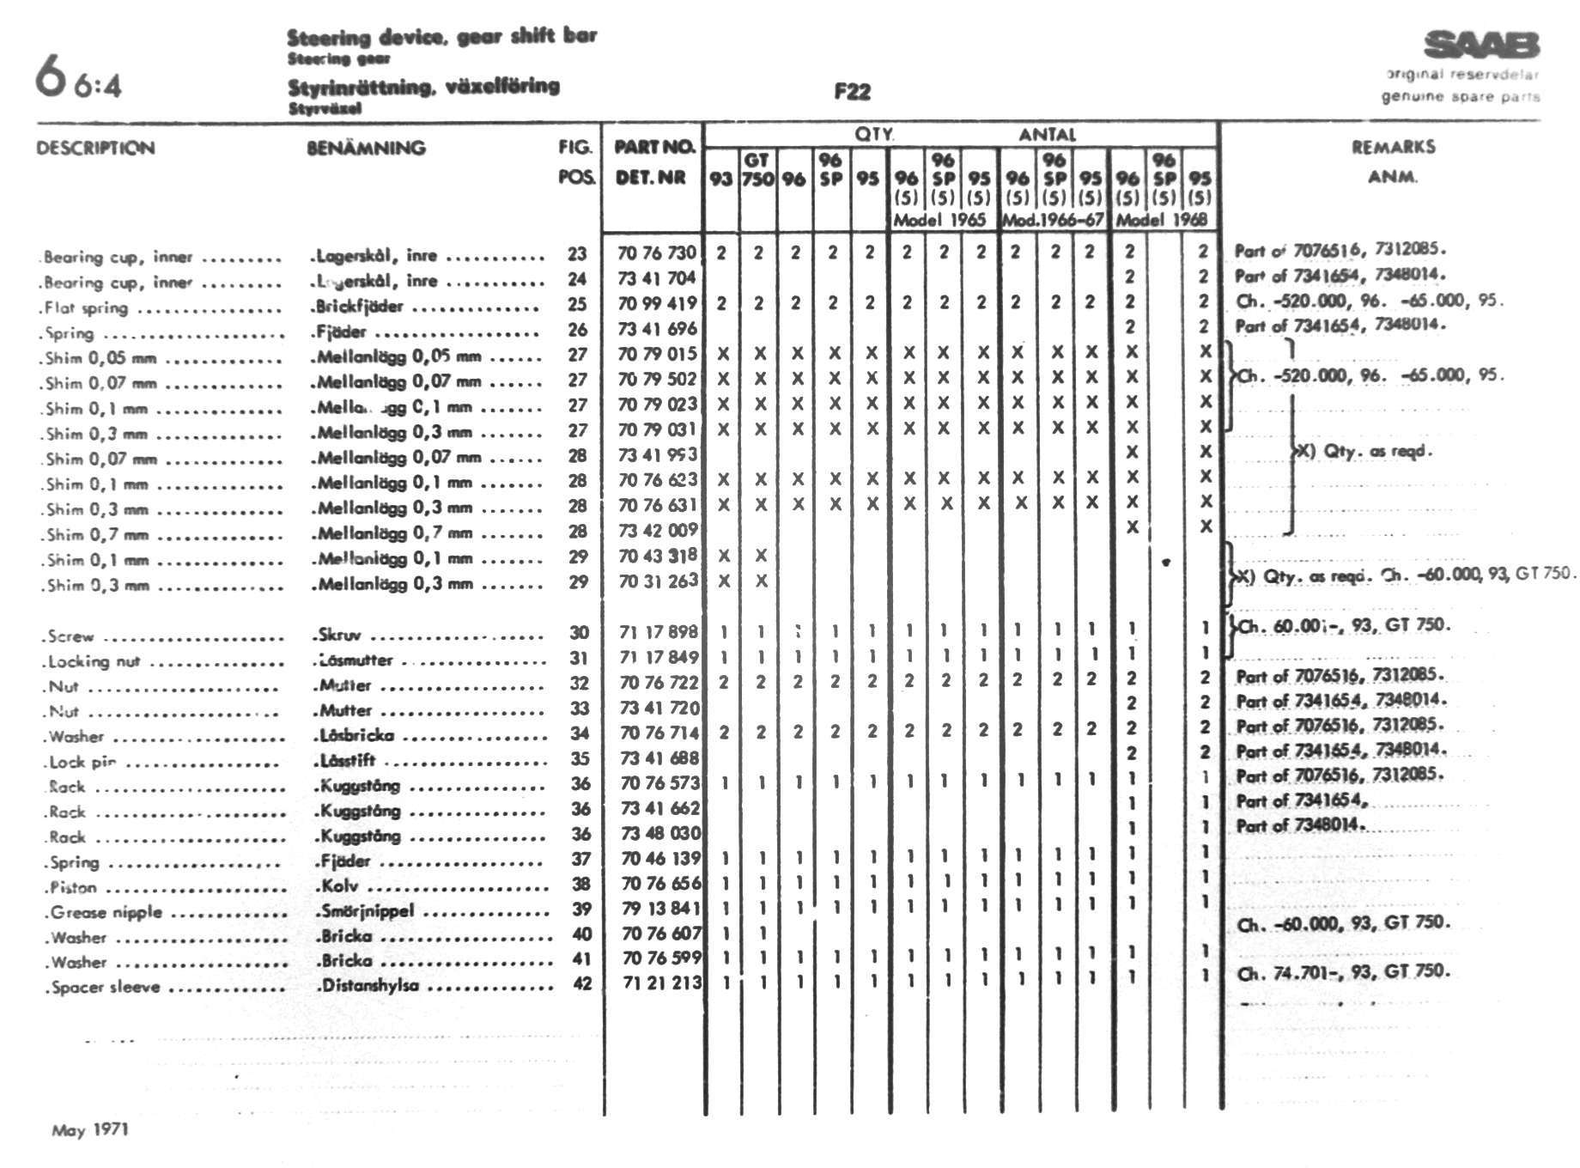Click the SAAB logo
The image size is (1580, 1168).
[x=1481, y=45]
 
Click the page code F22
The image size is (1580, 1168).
[x=852, y=92]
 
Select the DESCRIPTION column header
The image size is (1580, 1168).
[x=95, y=148]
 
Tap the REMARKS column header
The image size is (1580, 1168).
[x=1393, y=147]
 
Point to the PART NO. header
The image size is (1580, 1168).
[x=653, y=147]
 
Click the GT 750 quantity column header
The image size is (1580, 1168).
[x=757, y=169]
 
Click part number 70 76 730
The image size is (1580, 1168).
[x=657, y=252]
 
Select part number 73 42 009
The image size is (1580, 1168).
[x=657, y=530]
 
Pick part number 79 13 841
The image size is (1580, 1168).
[x=659, y=908]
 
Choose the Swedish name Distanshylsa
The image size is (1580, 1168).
[x=369, y=985]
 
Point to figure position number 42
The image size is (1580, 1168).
[x=582, y=983]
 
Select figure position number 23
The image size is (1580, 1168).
[x=577, y=253]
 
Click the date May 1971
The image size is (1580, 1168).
[x=90, y=1129]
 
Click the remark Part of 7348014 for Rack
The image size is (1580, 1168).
[x=1298, y=825]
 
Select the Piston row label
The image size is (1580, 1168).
[x=74, y=887]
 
